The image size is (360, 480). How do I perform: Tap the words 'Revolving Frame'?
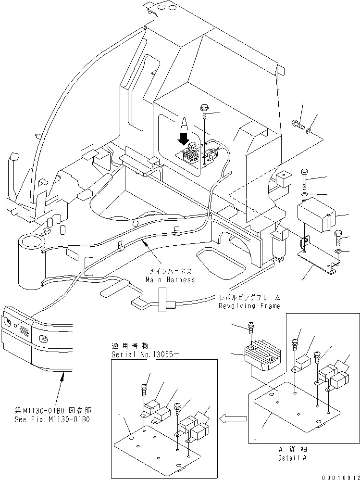click(x=249, y=306)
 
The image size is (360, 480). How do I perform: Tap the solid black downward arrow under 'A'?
click(x=183, y=139)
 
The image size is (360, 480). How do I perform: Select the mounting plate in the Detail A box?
click(x=288, y=409)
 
